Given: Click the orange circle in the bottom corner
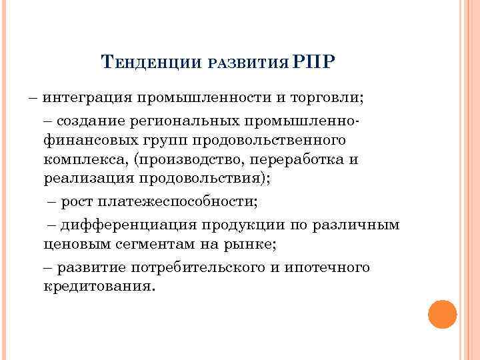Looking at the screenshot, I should click(442, 314).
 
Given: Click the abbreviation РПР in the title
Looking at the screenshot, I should click(315, 63).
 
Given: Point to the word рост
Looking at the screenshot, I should click(79, 203).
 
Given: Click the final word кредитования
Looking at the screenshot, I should click(98, 287).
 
